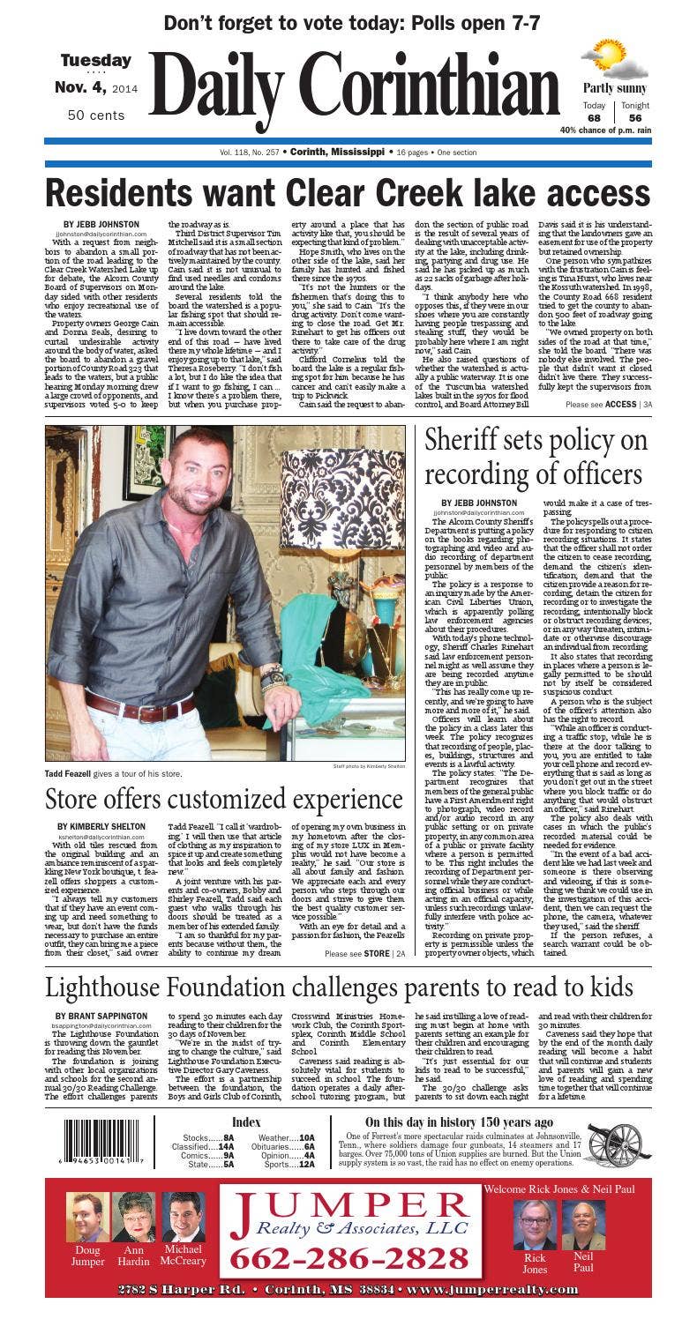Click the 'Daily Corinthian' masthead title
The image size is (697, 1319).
click(x=353, y=91)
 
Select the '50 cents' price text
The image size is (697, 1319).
click(x=96, y=116)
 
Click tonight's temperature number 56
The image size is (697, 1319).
click(x=634, y=118)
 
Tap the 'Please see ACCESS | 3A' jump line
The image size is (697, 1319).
click(x=609, y=405)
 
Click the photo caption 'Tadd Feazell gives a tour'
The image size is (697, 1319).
click(x=114, y=773)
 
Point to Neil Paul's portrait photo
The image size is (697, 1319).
click(x=583, y=1226)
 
